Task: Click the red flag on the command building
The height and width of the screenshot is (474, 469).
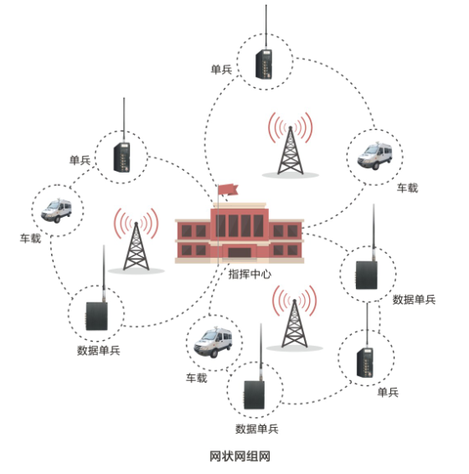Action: (228, 190)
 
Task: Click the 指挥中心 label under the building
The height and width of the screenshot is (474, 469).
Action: (250, 274)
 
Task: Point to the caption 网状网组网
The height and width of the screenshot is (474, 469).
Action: (240, 456)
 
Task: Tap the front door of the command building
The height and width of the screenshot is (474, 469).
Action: (240, 253)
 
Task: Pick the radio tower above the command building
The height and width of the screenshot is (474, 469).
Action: (291, 145)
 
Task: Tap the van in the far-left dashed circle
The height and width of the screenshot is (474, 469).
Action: (56, 210)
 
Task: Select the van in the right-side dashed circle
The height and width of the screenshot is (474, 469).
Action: (374, 157)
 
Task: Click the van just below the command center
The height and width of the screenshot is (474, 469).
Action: (213, 343)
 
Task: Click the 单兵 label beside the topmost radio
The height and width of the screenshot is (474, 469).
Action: (221, 70)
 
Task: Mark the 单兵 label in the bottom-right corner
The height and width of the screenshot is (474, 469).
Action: (388, 392)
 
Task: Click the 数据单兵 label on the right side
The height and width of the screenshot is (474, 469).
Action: (414, 300)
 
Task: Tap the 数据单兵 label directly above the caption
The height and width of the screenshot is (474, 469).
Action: (257, 429)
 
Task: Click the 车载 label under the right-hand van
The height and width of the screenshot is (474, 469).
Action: (407, 188)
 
